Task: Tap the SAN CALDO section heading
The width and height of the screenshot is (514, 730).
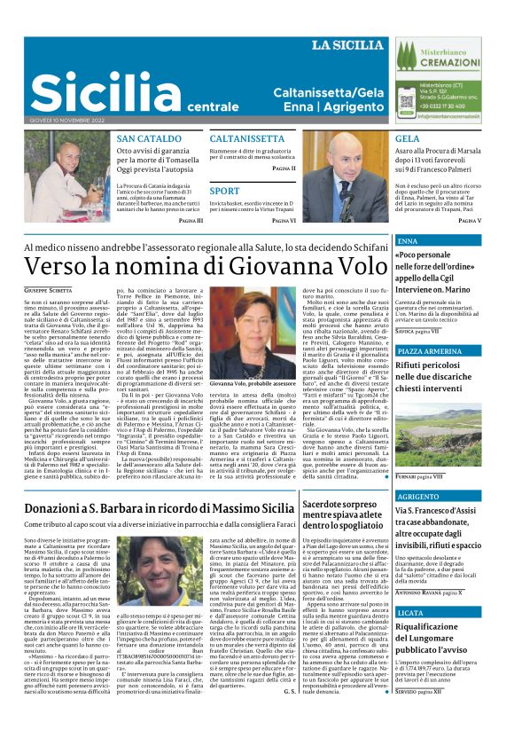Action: click(x=148, y=139)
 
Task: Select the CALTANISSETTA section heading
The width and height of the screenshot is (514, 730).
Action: click(x=247, y=139)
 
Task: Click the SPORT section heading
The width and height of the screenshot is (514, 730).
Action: click(x=224, y=191)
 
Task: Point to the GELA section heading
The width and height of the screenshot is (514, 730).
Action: click(x=407, y=139)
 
